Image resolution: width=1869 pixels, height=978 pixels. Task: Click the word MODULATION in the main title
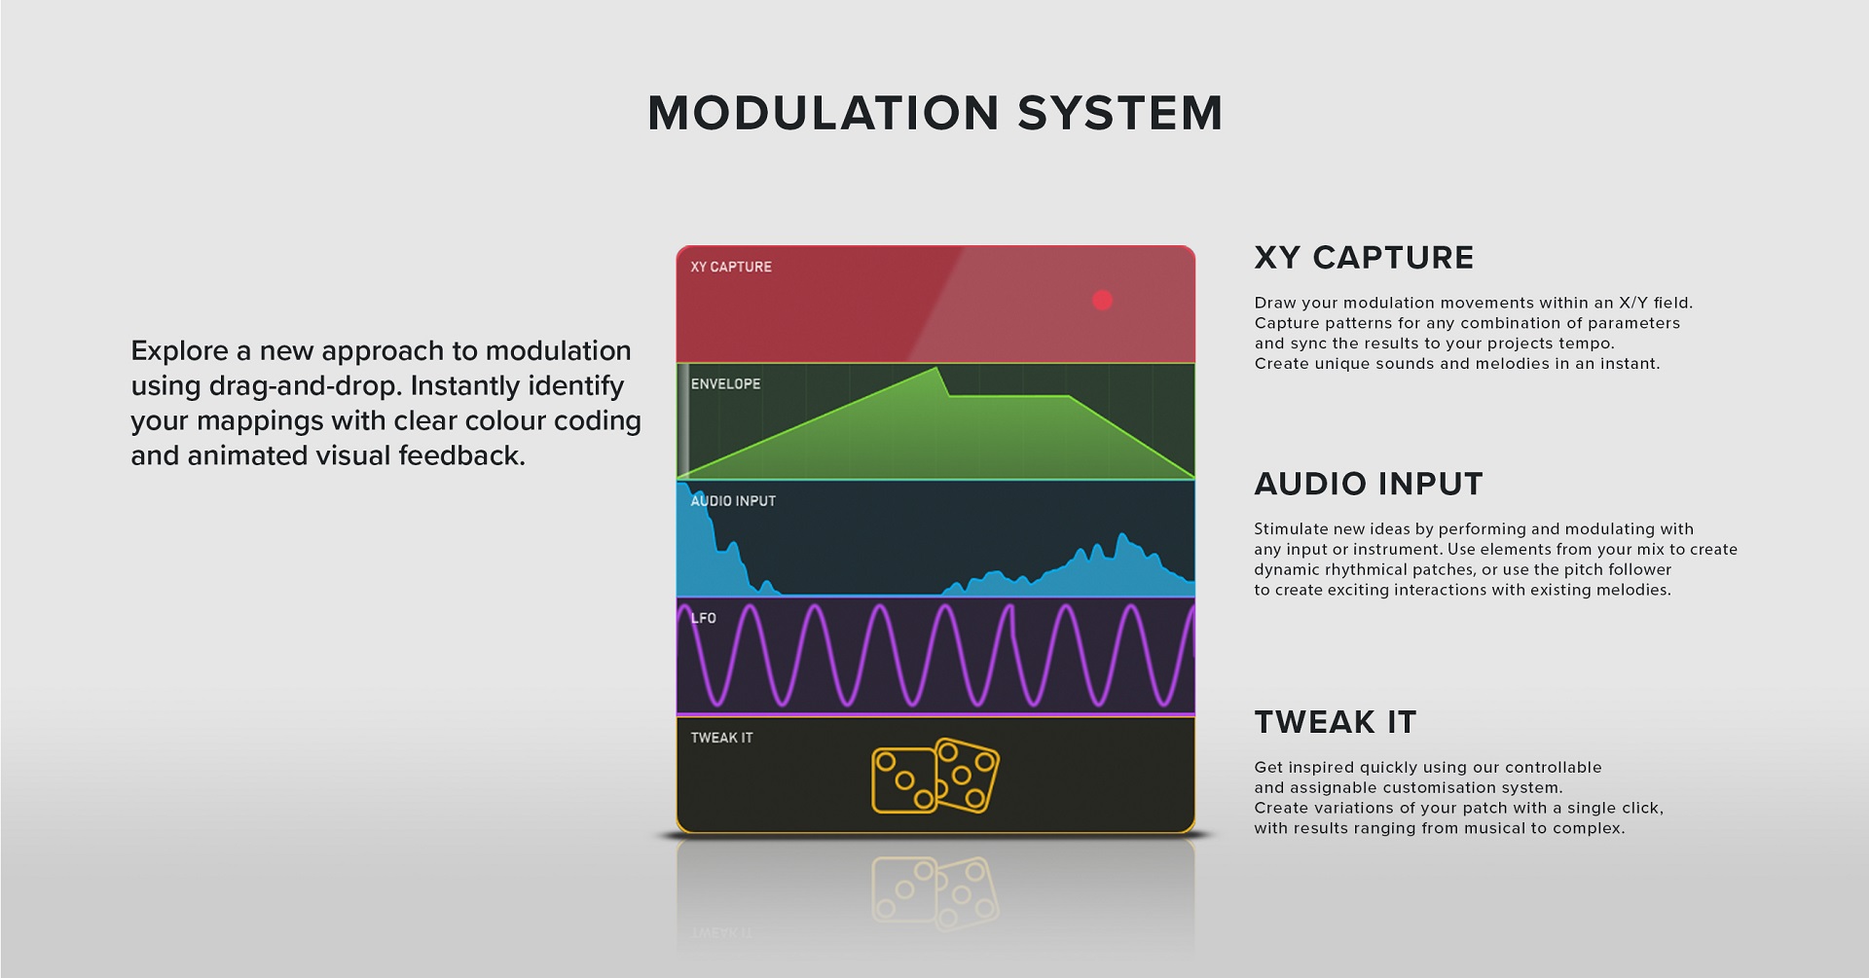[x=824, y=113]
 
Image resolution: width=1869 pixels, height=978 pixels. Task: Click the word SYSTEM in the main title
[x=1120, y=113]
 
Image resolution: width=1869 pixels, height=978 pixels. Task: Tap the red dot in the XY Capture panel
[x=1102, y=301]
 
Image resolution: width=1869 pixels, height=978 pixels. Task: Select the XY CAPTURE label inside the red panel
[x=731, y=267]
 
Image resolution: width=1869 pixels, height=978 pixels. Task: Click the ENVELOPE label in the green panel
[x=725, y=384]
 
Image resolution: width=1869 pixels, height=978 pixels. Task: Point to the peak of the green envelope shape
[x=936, y=369]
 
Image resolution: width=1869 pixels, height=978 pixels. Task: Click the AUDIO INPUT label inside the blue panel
[x=733, y=501]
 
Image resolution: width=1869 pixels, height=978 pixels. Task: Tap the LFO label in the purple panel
[x=703, y=618]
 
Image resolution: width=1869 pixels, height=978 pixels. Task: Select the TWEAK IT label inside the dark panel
[x=721, y=738]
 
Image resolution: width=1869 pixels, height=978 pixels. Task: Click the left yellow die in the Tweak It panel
[x=903, y=780]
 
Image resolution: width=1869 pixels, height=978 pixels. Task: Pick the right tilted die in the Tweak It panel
[x=966, y=776]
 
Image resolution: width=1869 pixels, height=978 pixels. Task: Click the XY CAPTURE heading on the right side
[x=1364, y=258]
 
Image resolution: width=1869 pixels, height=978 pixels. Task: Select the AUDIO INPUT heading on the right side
[x=1369, y=484]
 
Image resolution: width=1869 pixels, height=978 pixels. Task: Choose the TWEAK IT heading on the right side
[x=1336, y=722]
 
